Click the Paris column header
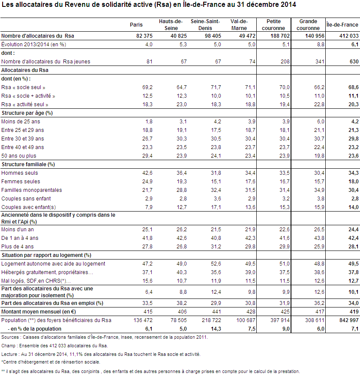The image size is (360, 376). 136,25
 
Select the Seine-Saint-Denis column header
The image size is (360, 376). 205,25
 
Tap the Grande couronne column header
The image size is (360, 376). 308,25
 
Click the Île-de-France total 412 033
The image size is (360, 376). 349,36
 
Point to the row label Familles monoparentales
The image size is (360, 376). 31,190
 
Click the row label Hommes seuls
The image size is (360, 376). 19,173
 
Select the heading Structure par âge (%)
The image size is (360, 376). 27,113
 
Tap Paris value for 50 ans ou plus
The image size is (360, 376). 147,156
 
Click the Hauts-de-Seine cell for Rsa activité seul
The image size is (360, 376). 182,104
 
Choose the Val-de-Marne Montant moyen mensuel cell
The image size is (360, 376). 251,312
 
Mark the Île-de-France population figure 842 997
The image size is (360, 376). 349,320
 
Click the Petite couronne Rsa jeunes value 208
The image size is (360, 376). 285,62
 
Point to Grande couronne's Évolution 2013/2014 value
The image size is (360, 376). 321,45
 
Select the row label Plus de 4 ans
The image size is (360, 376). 17,247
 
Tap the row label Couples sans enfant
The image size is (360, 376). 26,199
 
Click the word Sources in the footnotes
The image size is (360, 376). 10,337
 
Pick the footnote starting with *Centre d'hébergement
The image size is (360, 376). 51,362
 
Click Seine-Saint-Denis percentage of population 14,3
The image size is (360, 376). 216,329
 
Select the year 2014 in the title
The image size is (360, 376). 287,5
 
